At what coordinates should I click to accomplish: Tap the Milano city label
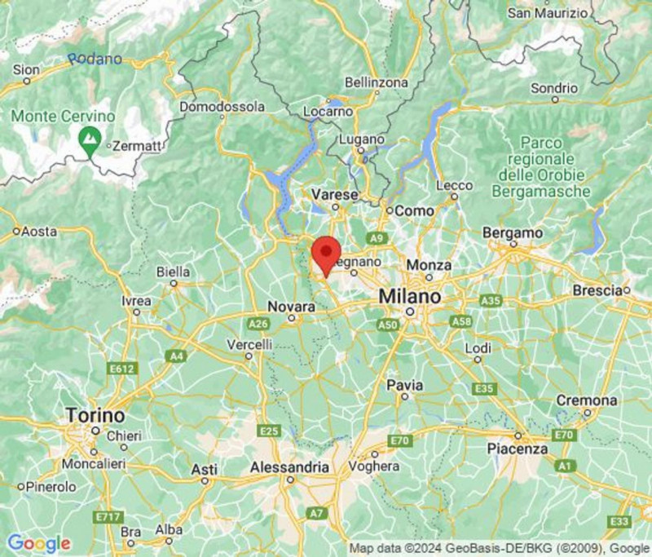pos(410,296)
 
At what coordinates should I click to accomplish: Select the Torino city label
pos(95,414)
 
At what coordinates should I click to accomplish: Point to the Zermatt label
pos(139,145)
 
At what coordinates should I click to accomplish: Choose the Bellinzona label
pos(376,83)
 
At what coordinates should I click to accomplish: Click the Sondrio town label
pos(554,88)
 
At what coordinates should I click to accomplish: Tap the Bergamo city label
pos(513,232)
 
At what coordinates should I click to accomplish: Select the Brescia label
pos(598,290)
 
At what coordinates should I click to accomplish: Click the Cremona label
pos(586,400)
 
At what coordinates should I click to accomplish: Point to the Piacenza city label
pos(517,449)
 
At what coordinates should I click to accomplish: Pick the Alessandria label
pos(290,467)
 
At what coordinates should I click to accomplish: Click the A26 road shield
pos(259,324)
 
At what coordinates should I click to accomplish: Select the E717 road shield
pos(107,517)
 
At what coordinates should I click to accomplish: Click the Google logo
pos(38,543)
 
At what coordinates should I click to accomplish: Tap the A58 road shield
pos(461,321)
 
